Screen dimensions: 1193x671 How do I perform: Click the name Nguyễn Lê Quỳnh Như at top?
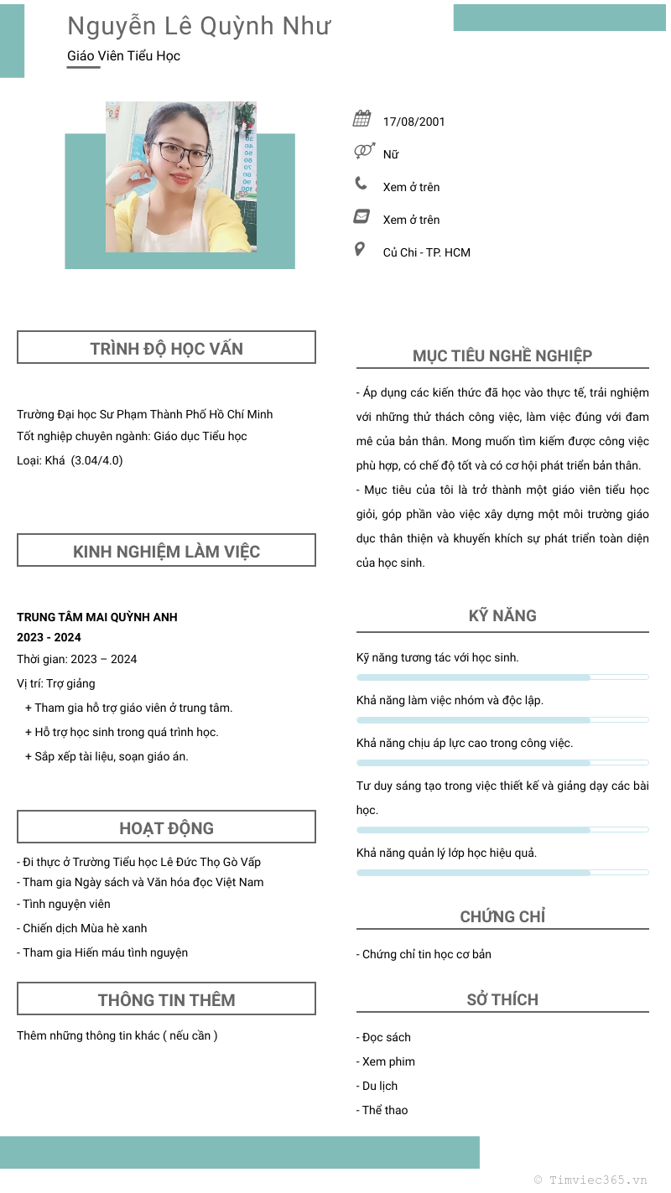coord(199,27)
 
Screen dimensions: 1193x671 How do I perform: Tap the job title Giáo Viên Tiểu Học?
coord(123,56)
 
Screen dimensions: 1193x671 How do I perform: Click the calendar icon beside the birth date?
coord(362,118)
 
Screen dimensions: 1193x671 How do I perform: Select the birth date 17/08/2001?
coord(414,122)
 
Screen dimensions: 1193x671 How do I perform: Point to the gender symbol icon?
coord(363,151)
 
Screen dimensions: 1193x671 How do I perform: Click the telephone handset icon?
coord(361,184)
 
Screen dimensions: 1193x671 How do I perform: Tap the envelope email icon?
coord(362,216)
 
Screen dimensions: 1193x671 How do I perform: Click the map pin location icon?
coord(360,249)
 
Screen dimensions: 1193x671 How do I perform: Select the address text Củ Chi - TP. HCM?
coord(426,252)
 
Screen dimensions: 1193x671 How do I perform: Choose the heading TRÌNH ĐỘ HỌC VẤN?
coord(166,349)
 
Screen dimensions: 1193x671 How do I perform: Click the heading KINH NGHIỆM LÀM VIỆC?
coord(166,552)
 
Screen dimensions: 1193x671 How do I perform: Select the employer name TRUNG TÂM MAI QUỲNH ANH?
coord(97,617)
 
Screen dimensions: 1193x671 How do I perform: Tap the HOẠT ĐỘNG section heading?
coord(166,828)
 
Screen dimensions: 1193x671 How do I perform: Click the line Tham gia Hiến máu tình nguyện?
coord(104,952)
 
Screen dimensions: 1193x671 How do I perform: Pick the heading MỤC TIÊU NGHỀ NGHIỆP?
coord(502,355)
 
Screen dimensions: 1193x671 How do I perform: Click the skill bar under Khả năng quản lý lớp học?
coord(502,873)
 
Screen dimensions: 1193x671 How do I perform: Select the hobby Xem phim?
coord(388,1061)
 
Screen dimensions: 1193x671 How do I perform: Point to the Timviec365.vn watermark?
coord(591,1180)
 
